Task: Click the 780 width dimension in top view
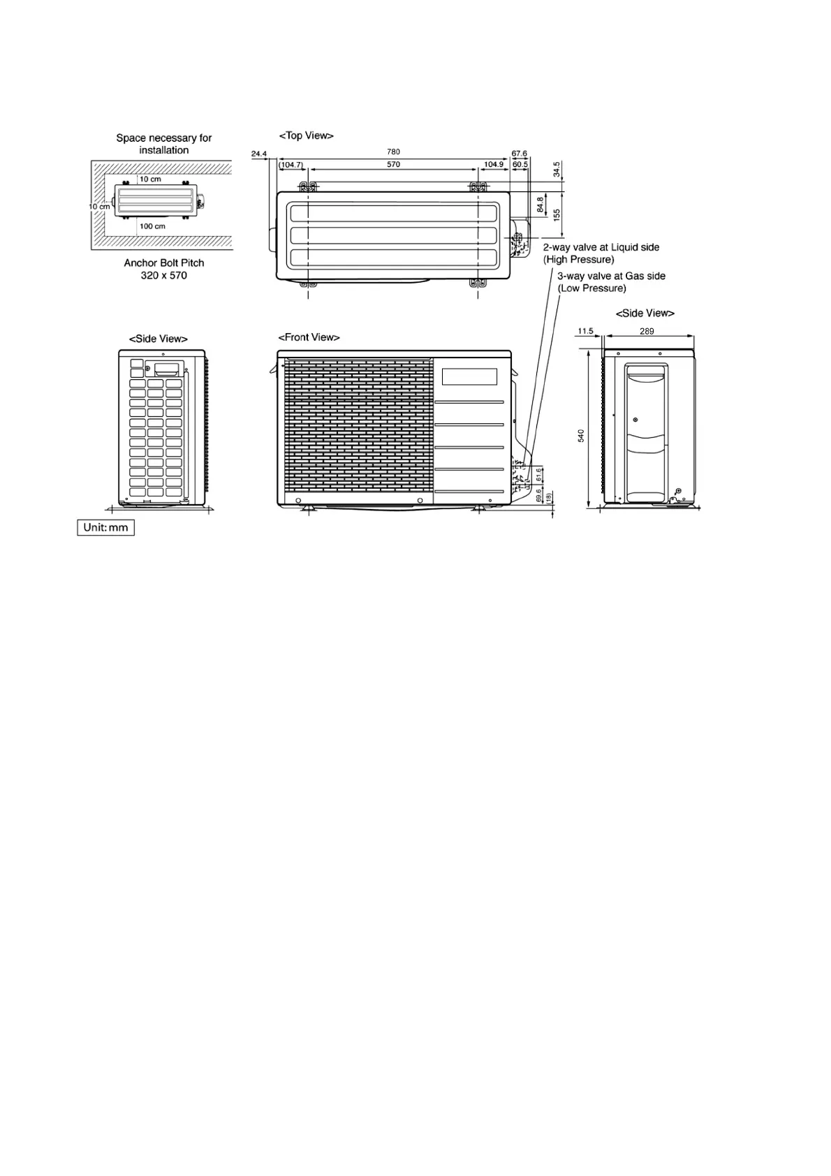click(393, 152)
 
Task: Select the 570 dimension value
click(393, 165)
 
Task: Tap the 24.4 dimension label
click(259, 154)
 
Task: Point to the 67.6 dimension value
click(520, 154)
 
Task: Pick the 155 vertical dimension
click(557, 215)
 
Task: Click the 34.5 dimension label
click(557, 170)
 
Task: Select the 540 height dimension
click(581, 436)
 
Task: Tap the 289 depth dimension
click(647, 331)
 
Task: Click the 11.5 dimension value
click(585, 331)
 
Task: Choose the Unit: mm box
click(105, 527)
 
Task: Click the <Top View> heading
click(306, 135)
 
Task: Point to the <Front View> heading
click(309, 337)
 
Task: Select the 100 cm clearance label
click(152, 226)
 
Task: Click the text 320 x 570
click(164, 275)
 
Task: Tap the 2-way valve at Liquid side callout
click(601, 253)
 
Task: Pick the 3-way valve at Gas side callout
click(610, 282)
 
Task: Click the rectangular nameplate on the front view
click(469, 376)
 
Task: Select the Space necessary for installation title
click(164, 144)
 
